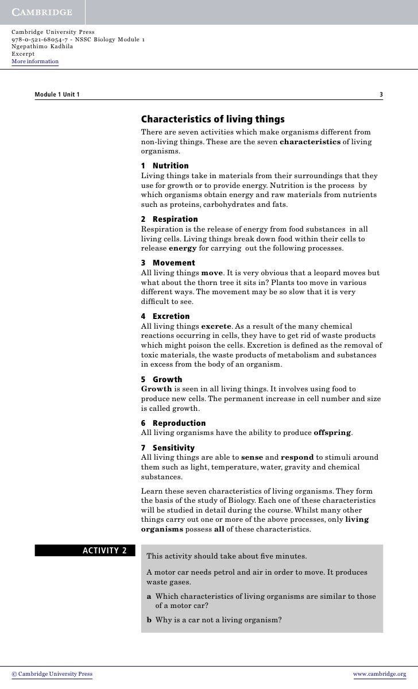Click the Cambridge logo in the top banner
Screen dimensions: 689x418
[x=42, y=12]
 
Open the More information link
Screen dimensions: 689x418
[x=35, y=61]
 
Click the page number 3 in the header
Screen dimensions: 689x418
[x=381, y=94]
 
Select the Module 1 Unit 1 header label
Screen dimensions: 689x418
[x=57, y=94]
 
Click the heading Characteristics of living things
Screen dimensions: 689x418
[x=212, y=120]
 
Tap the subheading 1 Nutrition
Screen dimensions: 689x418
[x=165, y=165]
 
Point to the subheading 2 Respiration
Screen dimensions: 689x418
[x=169, y=219]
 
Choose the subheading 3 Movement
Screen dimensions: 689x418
[x=168, y=263]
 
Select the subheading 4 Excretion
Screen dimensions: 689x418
[x=165, y=316]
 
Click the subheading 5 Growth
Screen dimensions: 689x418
[x=161, y=379]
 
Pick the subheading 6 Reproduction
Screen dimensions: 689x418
[x=173, y=423]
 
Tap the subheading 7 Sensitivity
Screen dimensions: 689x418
[x=168, y=448]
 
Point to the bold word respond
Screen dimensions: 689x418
[x=297, y=457]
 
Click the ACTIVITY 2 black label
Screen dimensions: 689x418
[x=84, y=551]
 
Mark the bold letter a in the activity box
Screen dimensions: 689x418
[x=149, y=596]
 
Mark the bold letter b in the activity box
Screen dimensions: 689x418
[x=149, y=620]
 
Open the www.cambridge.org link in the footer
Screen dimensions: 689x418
[x=380, y=674]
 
